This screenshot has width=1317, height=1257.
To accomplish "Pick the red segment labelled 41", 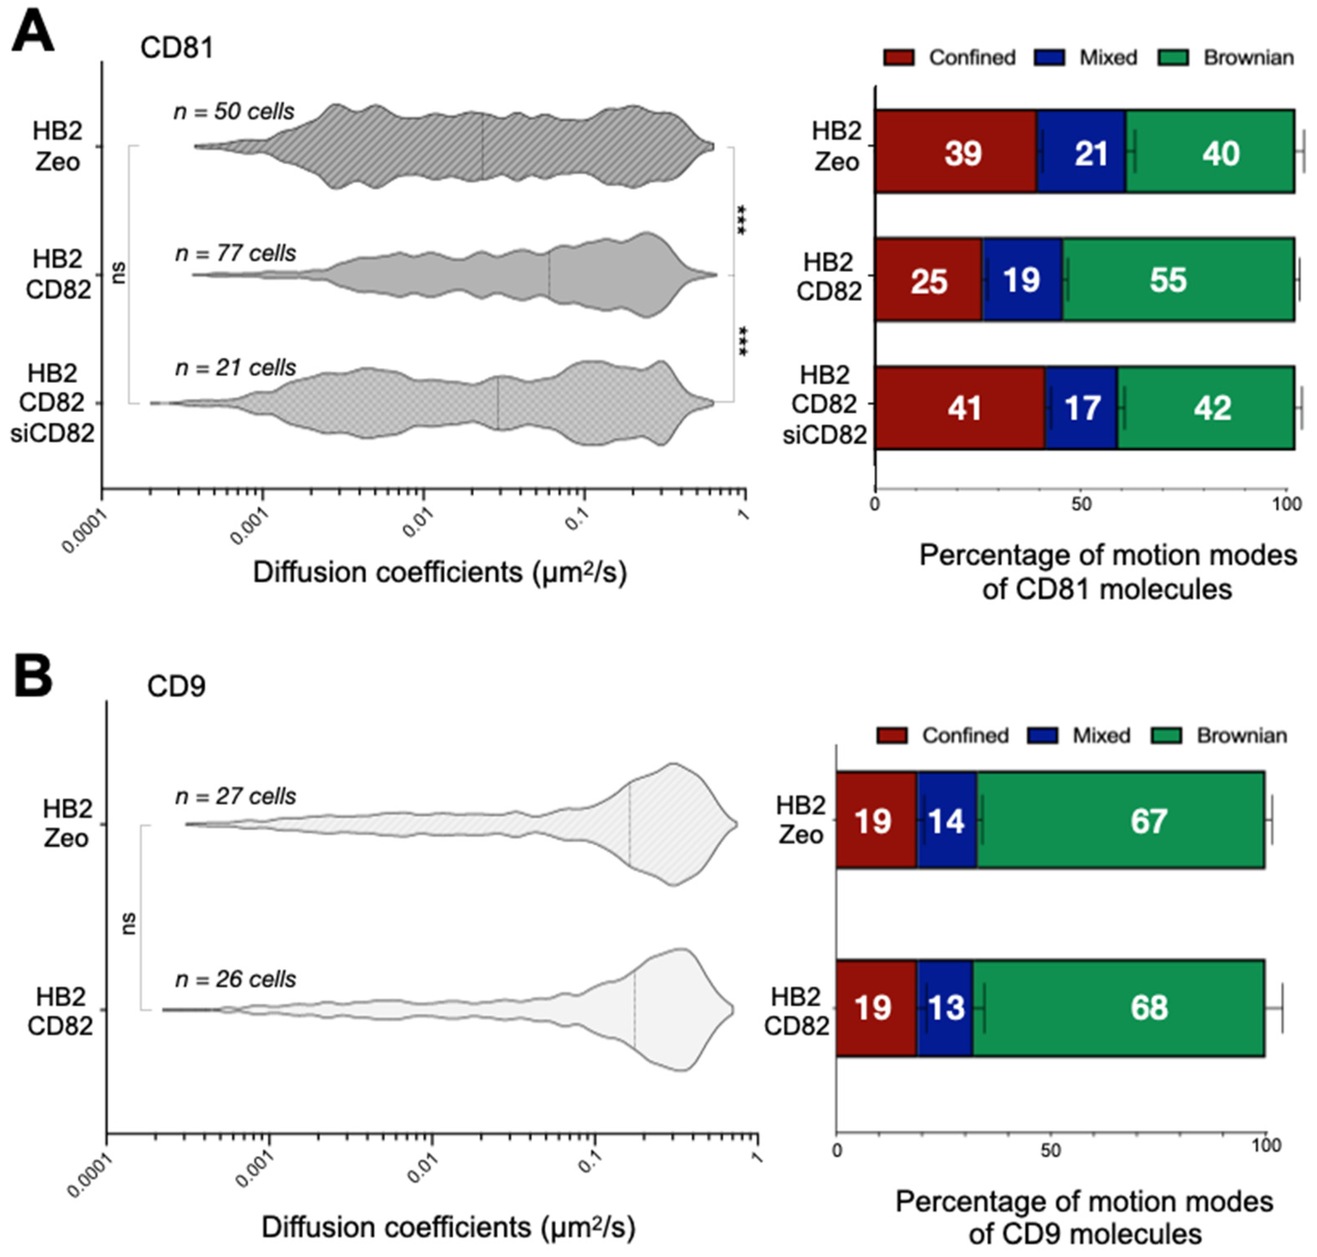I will point(960,407).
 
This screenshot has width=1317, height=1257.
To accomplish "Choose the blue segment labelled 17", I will point(1080,407).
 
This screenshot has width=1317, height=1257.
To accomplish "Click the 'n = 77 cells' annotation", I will point(235,253).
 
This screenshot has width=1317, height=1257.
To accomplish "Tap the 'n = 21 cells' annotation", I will point(235,367).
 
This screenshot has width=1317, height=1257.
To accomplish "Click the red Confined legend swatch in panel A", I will point(898,58).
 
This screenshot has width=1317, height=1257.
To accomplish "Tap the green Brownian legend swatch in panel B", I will point(1167,736).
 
